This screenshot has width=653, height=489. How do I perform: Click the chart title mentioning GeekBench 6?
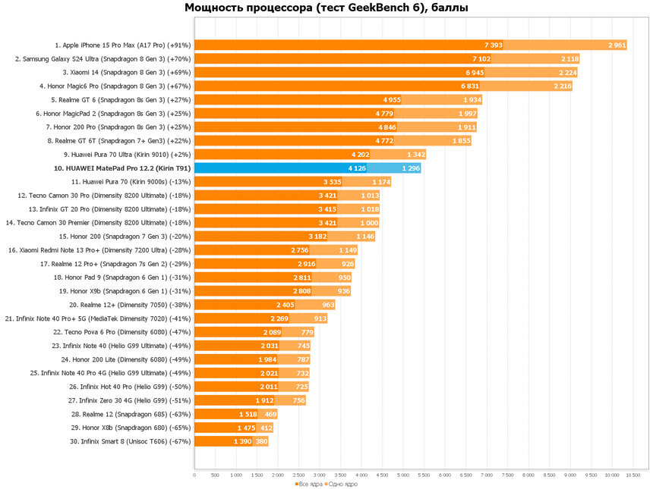326,8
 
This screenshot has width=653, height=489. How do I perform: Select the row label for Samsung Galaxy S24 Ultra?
103,59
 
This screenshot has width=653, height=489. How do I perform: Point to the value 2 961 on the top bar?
617,45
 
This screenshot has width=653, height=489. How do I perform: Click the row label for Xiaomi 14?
126,73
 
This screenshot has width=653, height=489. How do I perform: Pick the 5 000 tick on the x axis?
402,475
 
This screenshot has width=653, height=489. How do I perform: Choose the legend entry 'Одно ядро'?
342,484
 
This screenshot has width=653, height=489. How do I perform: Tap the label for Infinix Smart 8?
130,441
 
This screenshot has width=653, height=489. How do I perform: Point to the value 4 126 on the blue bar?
357,168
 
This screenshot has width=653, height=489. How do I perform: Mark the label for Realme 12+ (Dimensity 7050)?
129,305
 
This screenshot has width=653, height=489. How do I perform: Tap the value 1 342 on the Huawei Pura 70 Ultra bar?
415,155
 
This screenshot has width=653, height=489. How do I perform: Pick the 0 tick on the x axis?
195,475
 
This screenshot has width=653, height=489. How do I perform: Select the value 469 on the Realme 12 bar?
270,414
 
